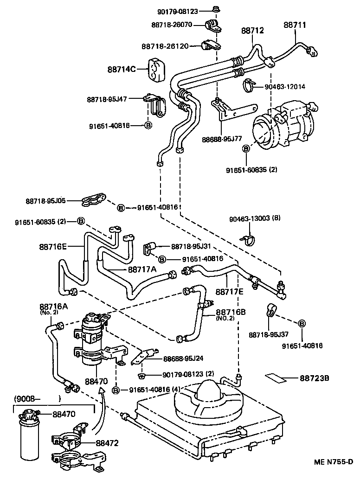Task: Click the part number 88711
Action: [295, 26]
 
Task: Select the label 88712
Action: [252, 31]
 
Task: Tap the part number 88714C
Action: [122, 70]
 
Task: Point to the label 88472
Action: [108, 443]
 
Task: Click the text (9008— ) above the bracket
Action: [37, 398]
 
